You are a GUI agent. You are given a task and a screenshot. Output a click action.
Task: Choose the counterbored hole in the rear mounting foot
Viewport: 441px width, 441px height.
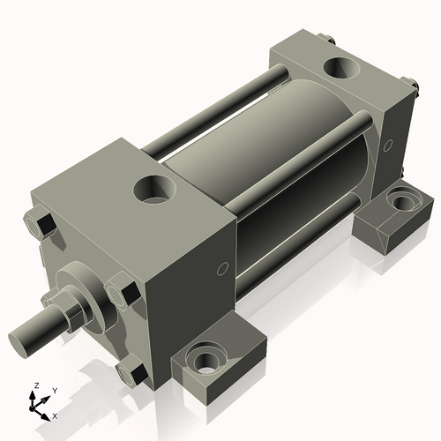pos(402,201)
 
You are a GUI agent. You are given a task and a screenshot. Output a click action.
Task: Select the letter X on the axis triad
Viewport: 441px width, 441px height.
pos(56,415)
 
